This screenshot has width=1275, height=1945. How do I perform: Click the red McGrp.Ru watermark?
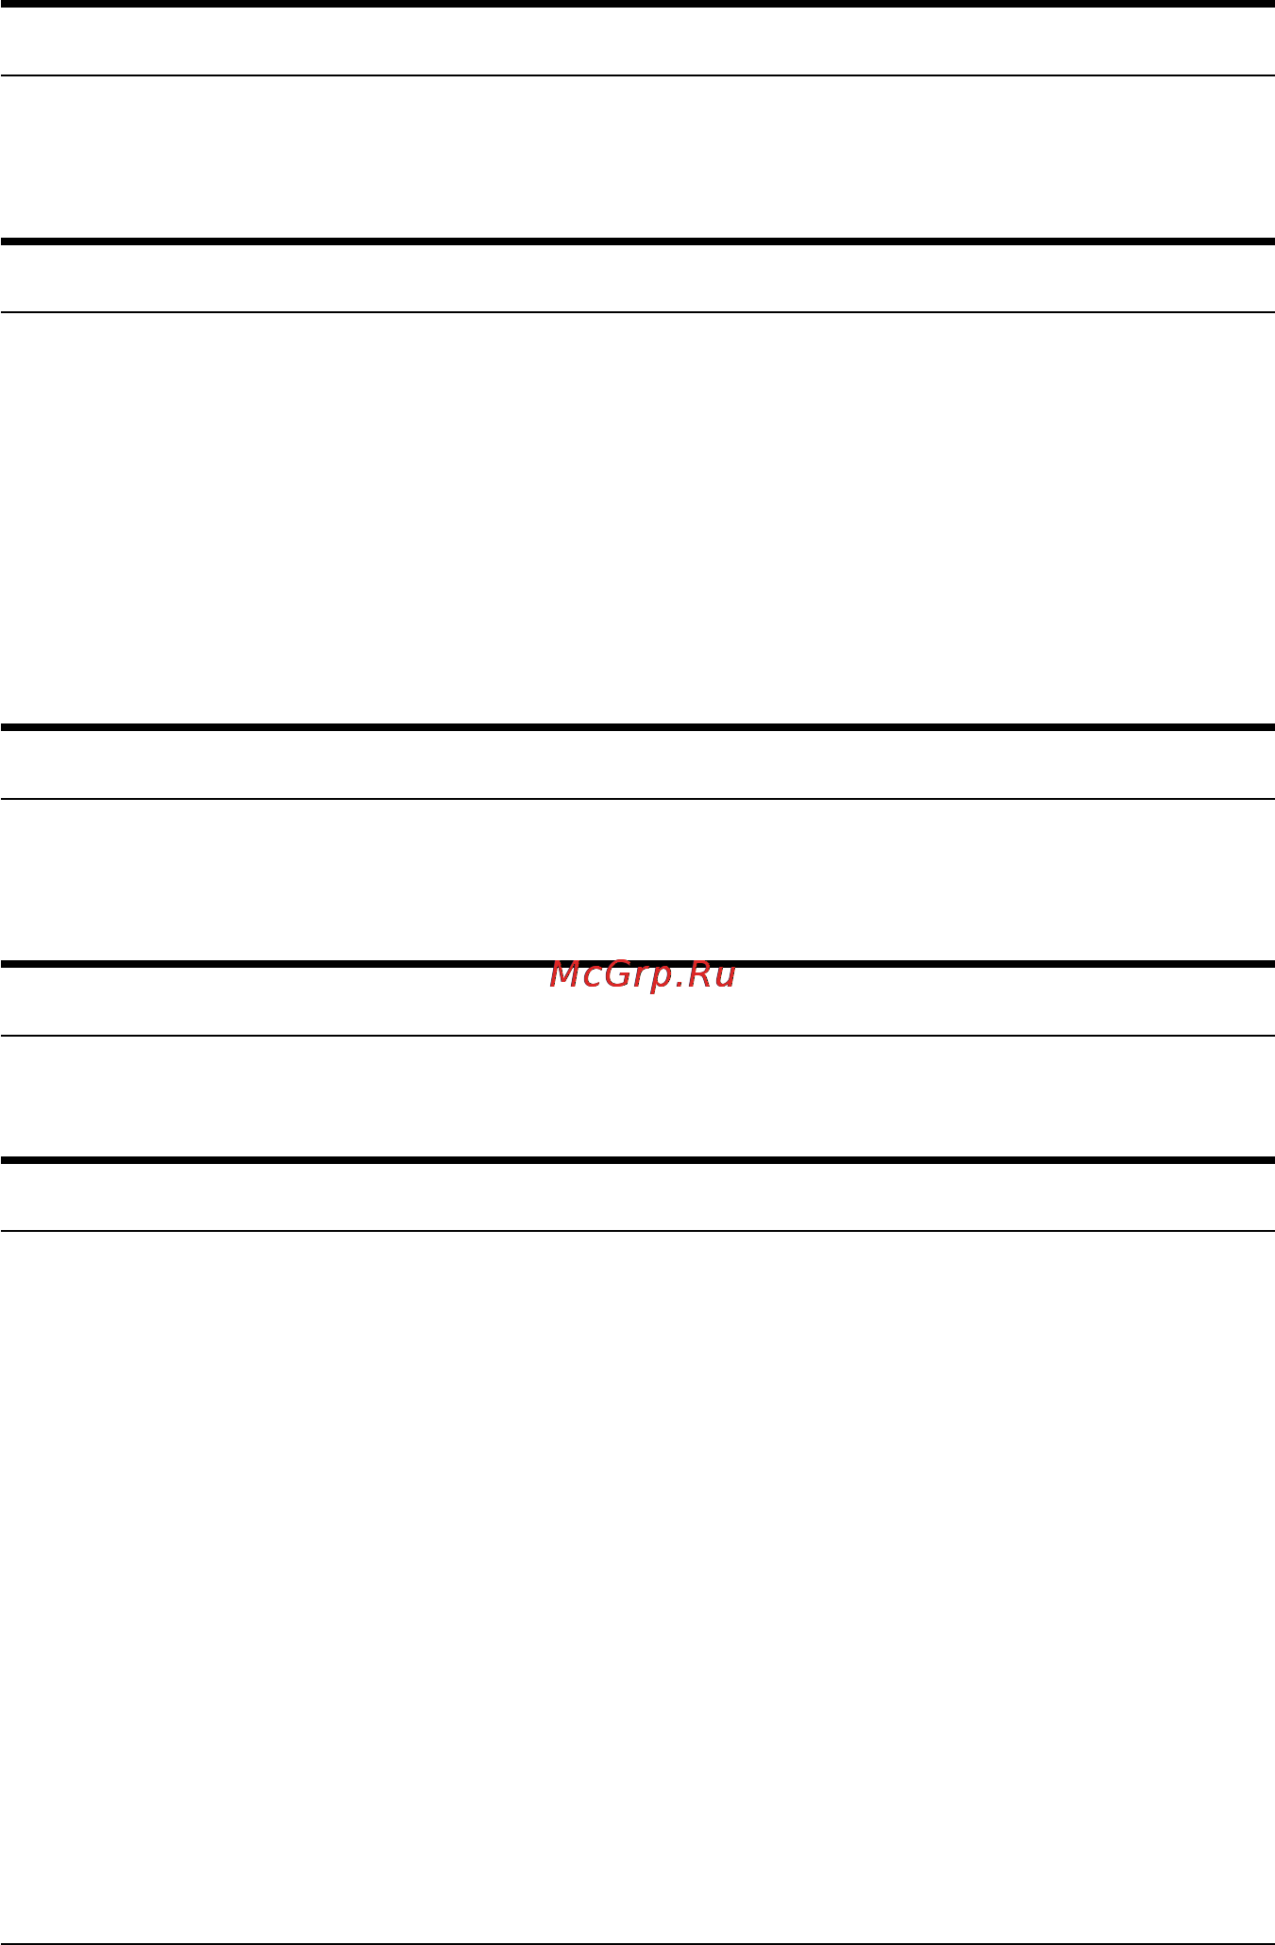click(642, 975)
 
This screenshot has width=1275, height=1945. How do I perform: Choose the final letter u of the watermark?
click(726, 977)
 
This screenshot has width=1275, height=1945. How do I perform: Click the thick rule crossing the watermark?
click(637, 964)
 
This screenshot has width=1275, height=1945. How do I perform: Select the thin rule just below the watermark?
click(637, 1036)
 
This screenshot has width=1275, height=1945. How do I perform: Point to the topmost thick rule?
click(637, 4)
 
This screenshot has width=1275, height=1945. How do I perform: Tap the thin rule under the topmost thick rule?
click(637, 75)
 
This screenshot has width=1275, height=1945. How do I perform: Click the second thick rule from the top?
click(637, 241)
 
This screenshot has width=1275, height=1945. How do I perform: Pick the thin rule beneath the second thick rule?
click(637, 312)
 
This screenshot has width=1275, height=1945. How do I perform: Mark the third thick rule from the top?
click(637, 727)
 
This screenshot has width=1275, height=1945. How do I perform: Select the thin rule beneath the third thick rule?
click(637, 799)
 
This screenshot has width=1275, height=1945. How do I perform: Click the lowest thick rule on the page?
click(637, 1159)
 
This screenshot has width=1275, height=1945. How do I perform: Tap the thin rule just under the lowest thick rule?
click(637, 1230)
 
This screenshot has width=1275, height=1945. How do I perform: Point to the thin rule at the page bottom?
click(637, 1943)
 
